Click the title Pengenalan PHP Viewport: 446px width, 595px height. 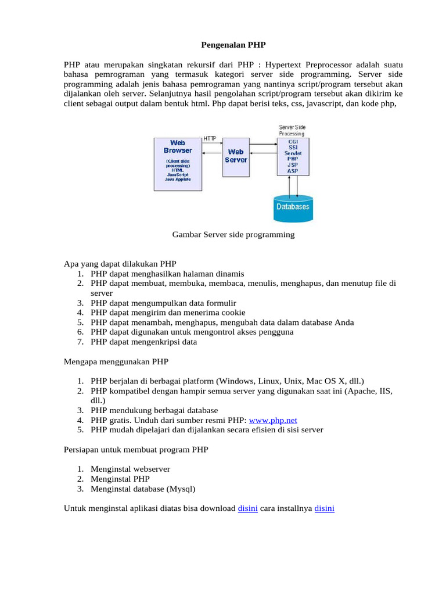pyautogui.click(x=233, y=44)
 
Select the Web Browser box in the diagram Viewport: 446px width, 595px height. pyautogui.click(x=177, y=164)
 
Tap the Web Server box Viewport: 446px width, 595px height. pyautogui.click(x=235, y=156)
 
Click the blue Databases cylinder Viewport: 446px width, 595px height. pyautogui.click(x=292, y=207)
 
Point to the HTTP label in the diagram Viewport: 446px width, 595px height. pyautogui.click(x=210, y=138)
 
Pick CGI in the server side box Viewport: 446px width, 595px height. pyautogui.click(x=293, y=141)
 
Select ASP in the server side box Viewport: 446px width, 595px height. pyautogui.click(x=293, y=171)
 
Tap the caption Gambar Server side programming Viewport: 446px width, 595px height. pyautogui.click(x=233, y=235)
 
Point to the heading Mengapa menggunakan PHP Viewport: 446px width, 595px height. pyautogui.click(x=116, y=361)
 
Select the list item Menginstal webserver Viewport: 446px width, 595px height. pyautogui.click(x=130, y=469)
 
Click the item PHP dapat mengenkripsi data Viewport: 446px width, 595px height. pyautogui.click(x=143, y=342)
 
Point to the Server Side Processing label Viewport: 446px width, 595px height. pyautogui.click(x=292, y=130)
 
